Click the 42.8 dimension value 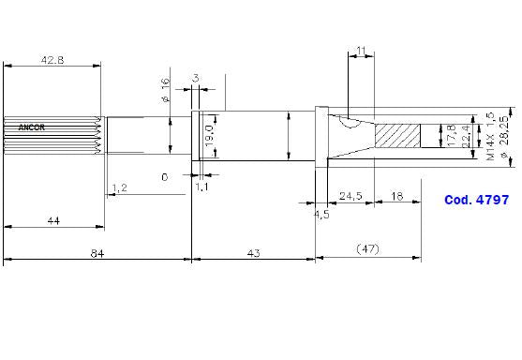tap(52, 60)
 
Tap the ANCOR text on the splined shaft tap(31, 127)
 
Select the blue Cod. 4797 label tap(476, 200)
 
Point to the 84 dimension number tap(97, 254)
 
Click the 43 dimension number tap(253, 254)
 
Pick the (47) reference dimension tap(367, 248)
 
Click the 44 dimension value tap(53, 221)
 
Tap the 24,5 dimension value tap(350, 196)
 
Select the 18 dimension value tap(397, 196)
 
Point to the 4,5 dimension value tap(321, 215)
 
